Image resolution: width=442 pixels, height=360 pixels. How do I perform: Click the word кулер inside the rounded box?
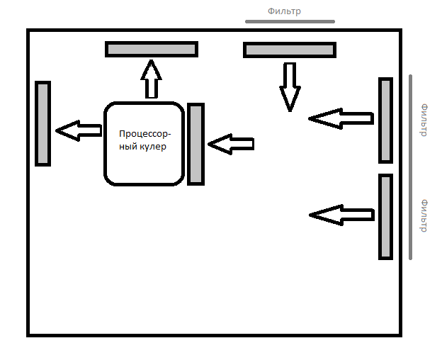click(152, 147)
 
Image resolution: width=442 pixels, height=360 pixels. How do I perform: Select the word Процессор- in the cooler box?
click(145, 134)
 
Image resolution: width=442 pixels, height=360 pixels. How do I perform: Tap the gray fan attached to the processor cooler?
click(196, 144)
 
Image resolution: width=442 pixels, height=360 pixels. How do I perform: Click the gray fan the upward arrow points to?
click(152, 50)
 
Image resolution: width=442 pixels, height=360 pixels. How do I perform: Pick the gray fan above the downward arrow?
click(290, 50)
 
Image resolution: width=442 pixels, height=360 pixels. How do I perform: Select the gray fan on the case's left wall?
click(42, 123)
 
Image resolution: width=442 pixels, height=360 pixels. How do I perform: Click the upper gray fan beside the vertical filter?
click(385, 120)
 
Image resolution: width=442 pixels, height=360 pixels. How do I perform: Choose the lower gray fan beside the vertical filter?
click(385, 217)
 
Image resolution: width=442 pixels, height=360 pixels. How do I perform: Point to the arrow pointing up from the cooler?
click(152, 79)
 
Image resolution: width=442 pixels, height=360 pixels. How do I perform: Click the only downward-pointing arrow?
click(290, 87)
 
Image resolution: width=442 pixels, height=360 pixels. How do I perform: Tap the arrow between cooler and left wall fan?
click(79, 130)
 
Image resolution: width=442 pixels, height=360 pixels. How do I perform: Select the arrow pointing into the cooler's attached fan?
click(231, 144)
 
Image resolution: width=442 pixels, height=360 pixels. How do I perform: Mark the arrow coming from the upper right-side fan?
click(341, 118)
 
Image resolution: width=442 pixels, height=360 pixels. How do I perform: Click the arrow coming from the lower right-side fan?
click(342, 215)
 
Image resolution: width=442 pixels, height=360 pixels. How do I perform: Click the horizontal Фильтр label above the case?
click(284, 11)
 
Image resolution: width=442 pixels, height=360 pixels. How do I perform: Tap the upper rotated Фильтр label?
click(424, 120)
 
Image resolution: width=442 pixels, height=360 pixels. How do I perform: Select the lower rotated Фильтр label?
click(424, 216)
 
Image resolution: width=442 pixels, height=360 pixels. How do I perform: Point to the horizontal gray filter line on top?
click(290, 21)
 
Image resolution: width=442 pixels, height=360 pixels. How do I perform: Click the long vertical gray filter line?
click(410, 167)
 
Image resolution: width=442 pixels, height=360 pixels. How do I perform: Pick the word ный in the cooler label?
click(128, 147)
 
